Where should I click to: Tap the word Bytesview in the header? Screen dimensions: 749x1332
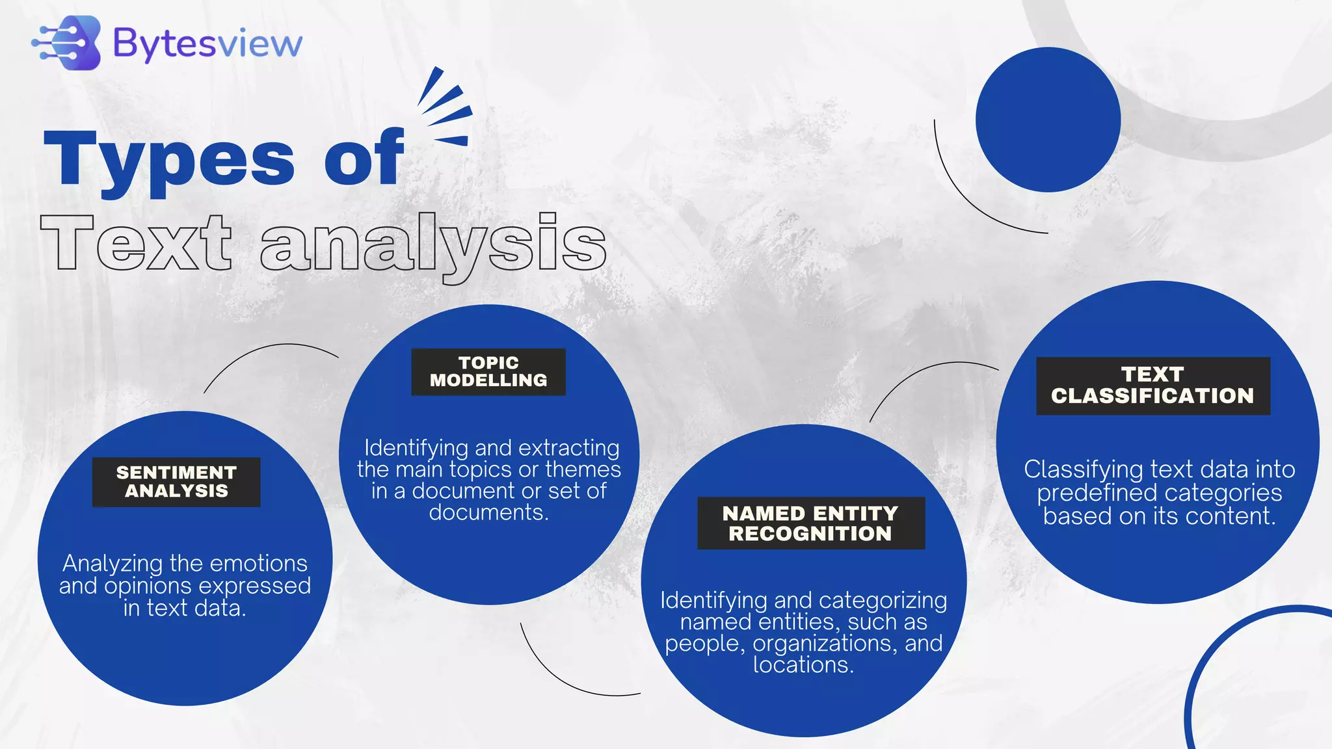pos(207,44)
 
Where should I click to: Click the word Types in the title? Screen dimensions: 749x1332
pos(169,159)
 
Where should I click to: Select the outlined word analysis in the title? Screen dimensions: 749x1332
pos(433,245)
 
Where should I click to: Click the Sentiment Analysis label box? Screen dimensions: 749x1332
pos(176,482)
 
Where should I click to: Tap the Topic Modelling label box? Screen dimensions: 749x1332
pos(488,372)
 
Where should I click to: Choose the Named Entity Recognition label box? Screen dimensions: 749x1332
pos(811,523)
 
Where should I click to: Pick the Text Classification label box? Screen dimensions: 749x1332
pos(1152,386)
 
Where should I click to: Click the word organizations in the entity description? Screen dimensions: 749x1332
pos(825,644)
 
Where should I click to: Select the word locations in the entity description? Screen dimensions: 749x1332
pos(803,665)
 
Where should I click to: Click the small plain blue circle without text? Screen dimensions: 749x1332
pos(1048,120)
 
